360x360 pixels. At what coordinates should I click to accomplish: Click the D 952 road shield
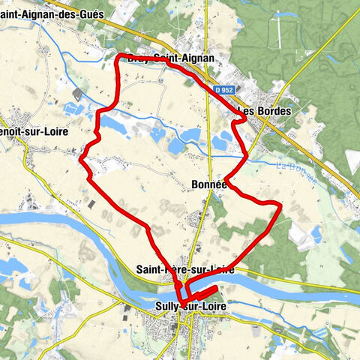click(223, 90)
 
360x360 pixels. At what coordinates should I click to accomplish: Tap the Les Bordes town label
click(263, 111)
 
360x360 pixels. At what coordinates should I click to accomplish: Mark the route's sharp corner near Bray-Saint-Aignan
click(118, 55)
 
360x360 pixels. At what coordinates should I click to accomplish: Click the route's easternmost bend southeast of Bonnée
click(280, 204)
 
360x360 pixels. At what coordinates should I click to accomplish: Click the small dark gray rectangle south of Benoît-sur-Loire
click(91, 204)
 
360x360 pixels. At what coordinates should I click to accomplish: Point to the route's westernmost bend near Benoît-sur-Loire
click(82, 157)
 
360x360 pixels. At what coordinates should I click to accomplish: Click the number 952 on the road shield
click(226, 90)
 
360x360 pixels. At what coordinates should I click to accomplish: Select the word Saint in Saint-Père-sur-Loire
click(150, 268)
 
